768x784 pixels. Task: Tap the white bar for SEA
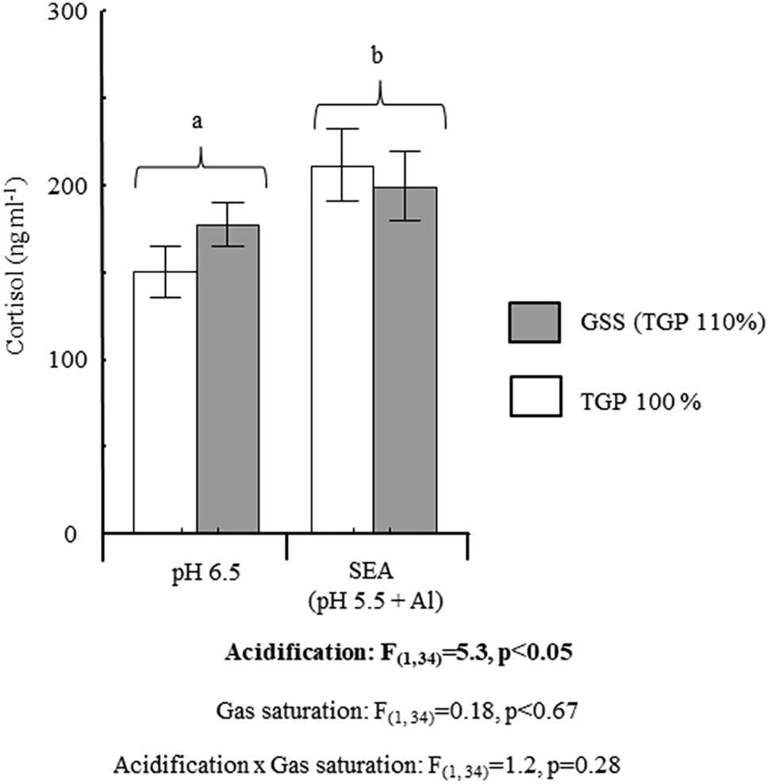(342, 350)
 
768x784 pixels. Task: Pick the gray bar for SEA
(405, 361)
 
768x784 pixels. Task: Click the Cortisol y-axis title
(17, 269)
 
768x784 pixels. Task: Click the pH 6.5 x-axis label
(195, 574)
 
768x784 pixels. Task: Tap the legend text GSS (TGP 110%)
(669, 324)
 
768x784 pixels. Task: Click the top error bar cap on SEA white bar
(342, 129)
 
